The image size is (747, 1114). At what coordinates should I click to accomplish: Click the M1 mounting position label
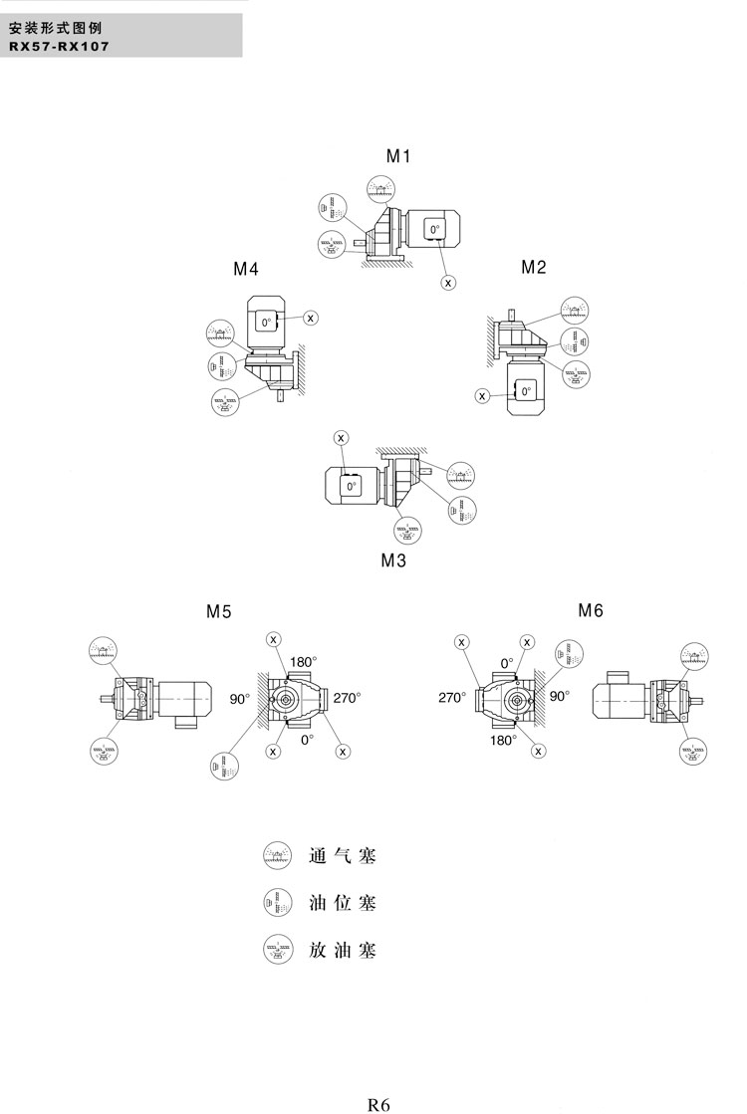tap(398, 155)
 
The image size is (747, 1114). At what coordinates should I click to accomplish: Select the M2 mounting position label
tap(534, 267)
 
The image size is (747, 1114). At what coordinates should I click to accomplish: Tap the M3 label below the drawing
tap(393, 559)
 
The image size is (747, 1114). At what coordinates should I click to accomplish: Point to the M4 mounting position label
tap(246, 269)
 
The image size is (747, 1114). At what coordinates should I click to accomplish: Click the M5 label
tap(219, 612)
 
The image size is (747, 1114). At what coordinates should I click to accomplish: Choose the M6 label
tap(591, 610)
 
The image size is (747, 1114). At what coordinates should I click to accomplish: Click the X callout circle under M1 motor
tap(448, 283)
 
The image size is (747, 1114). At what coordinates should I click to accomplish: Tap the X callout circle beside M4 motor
tap(311, 318)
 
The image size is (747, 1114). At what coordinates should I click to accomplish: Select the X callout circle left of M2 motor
tap(482, 396)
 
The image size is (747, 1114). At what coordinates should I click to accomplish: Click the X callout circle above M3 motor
tap(342, 437)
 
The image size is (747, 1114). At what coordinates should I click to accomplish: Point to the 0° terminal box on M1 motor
tap(434, 230)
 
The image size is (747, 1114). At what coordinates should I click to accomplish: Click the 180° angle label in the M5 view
tap(303, 661)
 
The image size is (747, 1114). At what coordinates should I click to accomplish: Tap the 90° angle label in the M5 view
tap(240, 699)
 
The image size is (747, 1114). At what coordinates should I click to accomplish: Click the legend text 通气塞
tap(344, 854)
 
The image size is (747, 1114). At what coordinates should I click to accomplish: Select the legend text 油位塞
tap(344, 903)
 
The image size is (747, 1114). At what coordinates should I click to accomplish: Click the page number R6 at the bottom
tap(378, 1103)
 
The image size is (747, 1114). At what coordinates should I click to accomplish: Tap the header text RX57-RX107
tap(59, 46)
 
